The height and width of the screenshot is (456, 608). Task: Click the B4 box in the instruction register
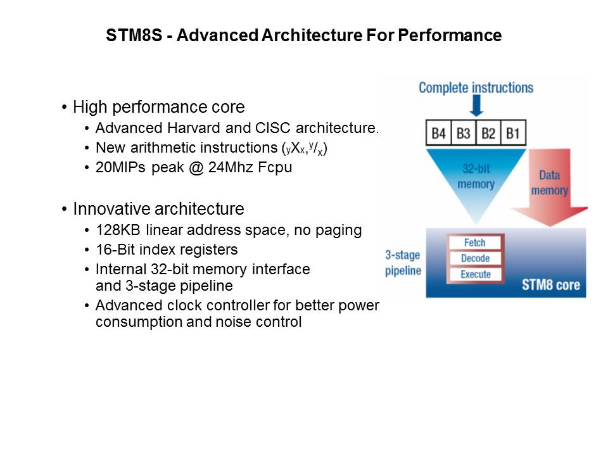coord(438,133)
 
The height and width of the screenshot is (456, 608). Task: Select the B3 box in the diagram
coord(464,133)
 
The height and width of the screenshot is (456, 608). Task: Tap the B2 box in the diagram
coord(488,133)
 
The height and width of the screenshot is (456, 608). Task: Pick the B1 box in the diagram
coord(514,133)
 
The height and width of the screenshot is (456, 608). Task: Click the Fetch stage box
coord(475,243)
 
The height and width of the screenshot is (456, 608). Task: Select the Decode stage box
coord(475,258)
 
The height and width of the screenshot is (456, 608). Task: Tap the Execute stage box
coord(475,274)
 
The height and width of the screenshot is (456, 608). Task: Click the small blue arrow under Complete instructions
coord(476,106)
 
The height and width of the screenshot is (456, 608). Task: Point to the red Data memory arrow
coord(550,188)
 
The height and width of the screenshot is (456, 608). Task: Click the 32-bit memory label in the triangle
coord(476,177)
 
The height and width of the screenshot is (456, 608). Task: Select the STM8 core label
coord(550,285)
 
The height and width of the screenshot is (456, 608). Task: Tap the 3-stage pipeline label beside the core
coord(403,262)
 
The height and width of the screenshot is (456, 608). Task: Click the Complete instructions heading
coord(476,87)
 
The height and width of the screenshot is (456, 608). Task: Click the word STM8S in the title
coord(134,35)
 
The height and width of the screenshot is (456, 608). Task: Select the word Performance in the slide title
coord(450,35)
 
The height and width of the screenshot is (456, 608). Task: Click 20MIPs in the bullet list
coord(120,167)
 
